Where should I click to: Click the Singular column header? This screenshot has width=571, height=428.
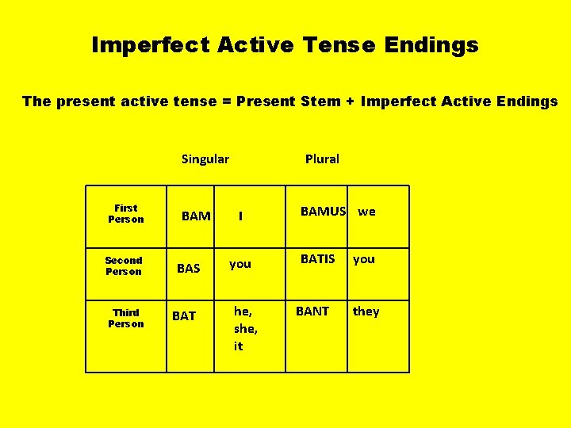pos(205,159)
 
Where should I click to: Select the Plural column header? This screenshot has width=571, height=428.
pos(322,159)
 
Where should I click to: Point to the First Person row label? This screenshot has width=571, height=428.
pos(126,214)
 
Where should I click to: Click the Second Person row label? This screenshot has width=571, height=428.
pos(124,266)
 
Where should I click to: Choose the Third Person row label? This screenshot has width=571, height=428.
pos(126,319)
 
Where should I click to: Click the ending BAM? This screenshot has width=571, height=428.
pos(196,216)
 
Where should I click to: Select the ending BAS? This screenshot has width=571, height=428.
pos(189,269)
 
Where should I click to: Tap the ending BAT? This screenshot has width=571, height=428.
pos(184,316)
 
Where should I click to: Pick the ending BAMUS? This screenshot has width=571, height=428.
pos(324,212)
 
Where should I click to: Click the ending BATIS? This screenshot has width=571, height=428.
pos(317,259)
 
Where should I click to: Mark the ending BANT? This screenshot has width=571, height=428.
pos(312,311)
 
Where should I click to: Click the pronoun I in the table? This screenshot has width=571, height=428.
pos(241,216)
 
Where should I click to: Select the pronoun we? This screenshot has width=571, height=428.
pos(367,212)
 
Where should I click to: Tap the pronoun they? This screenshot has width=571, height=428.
pos(366,311)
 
